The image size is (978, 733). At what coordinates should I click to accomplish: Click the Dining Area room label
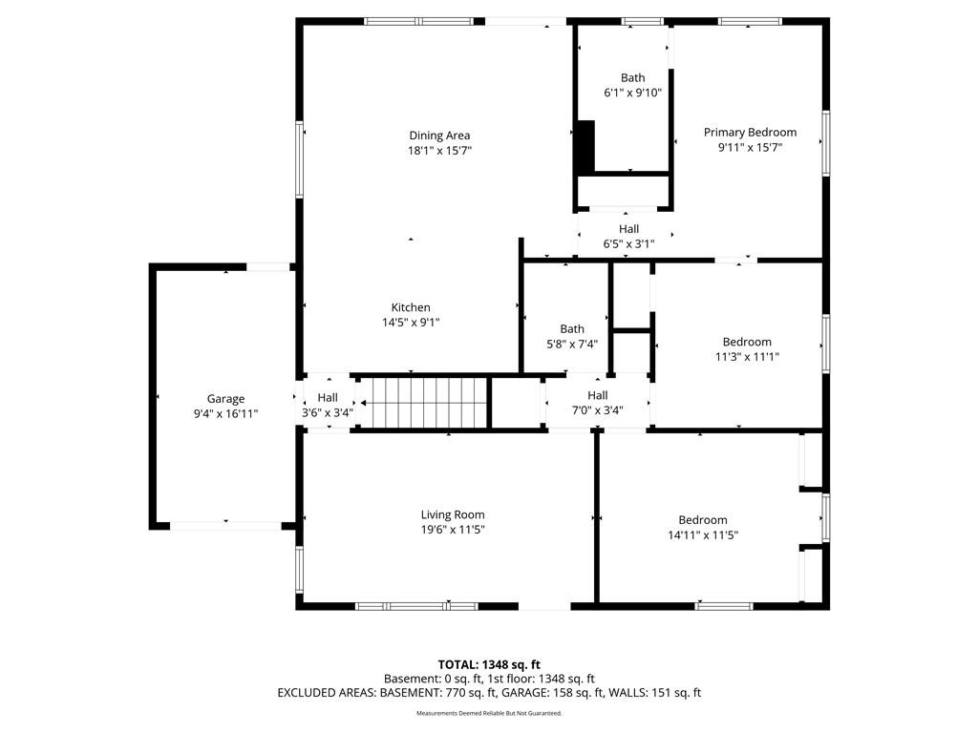pyautogui.click(x=439, y=136)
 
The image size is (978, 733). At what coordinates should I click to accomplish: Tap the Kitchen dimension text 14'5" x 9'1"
pyautogui.click(x=411, y=323)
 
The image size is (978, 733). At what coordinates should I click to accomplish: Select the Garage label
pyautogui.click(x=225, y=399)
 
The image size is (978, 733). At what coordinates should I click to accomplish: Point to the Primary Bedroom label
pyautogui.click(x=751, y=132)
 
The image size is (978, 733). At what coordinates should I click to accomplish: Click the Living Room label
pyautogui.click(x=453, y=514)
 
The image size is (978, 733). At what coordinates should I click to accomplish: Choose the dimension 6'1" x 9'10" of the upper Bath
pyautogui.click(x=632, y=93)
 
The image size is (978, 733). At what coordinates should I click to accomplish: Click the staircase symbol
pyautogui.click(x=423, y=403)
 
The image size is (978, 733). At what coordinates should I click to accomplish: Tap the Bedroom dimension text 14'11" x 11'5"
pyautogui.click(x=703, y=534)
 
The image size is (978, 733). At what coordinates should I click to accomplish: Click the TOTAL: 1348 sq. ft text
pyautogui.click(x=489, y=664)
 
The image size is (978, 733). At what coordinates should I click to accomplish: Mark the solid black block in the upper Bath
pyautogui.click(x=585, y=146)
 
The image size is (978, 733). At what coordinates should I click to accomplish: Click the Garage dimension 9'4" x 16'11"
pyautogui.click(x=225, y=413)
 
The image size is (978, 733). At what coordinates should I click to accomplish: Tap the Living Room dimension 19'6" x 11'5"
pyautogui.click(x=453, y=530)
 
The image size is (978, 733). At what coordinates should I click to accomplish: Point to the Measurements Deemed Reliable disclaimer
pyautogui.click(x=489, y=713)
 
